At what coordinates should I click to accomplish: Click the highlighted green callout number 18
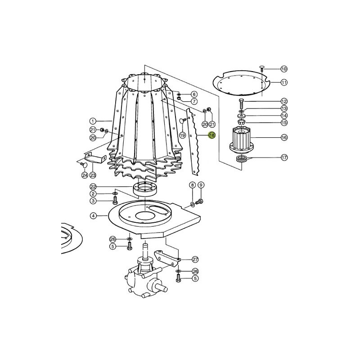[211, 135]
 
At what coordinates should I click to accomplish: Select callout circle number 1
[93, 121]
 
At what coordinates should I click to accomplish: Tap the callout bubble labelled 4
[93, 216]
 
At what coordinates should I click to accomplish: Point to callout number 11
[284, 82]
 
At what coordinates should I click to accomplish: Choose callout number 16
[284, 138]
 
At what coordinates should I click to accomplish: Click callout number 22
[93, 186]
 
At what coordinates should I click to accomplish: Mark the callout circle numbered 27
[195, 260]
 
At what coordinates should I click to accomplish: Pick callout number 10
[284, 69]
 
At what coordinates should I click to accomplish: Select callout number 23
[93, 175]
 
